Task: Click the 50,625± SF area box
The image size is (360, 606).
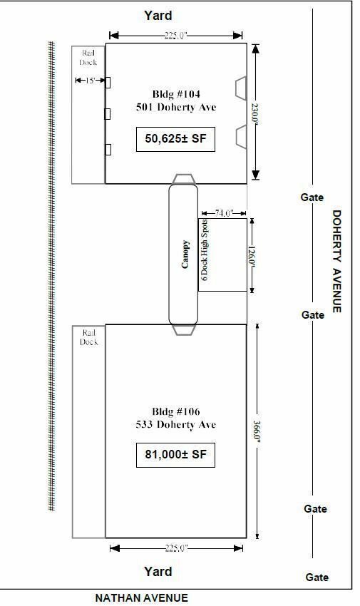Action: pyautogui.click(x=175, y=139)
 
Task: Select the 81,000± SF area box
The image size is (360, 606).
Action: pyautogui.click(x=175, y=455)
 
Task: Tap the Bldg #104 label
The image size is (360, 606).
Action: pyautogui.click(x=176, y=94)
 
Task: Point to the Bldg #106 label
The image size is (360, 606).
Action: pyautogui.click(x=176, y=411)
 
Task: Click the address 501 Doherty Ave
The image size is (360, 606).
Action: pyautogui.click(x=176, y=107)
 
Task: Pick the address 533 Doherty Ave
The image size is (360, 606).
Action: pyautogui.click(x=176, y=425)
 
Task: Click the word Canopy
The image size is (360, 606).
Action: pyautogui.click(x=185, y=254)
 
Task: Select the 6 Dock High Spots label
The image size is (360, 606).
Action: pyautogui.click(x=205, y=250)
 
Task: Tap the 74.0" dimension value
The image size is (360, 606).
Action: pyautogui.click(x=224, y=213)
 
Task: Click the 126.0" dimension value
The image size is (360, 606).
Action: pyautogui.click(x=252, y=256)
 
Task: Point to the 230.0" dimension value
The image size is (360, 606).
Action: pyautogui.click(x=255, y=113)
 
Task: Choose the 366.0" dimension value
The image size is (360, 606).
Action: pyautogui.click(x=257, y=432)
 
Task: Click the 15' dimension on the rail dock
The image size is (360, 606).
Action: pyautogui.click(x=90, y=81)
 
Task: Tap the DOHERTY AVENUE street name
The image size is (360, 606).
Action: pyautogui.click(x=336, y=261)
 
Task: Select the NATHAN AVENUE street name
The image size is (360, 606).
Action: pyautogui.click(x=141, y=598)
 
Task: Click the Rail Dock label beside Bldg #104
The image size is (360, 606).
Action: pyautogui.click(x=88, y=58)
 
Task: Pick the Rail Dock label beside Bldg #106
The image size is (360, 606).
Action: pyautogui.click(x=89, y=337)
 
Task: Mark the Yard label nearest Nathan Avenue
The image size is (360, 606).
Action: pyautogui.click(x=158, y=572)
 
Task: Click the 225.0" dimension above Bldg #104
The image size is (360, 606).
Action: pyautogui.click(x=176, y=36)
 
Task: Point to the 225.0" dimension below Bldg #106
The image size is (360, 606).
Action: pyautogui.click(x=176, y=548)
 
